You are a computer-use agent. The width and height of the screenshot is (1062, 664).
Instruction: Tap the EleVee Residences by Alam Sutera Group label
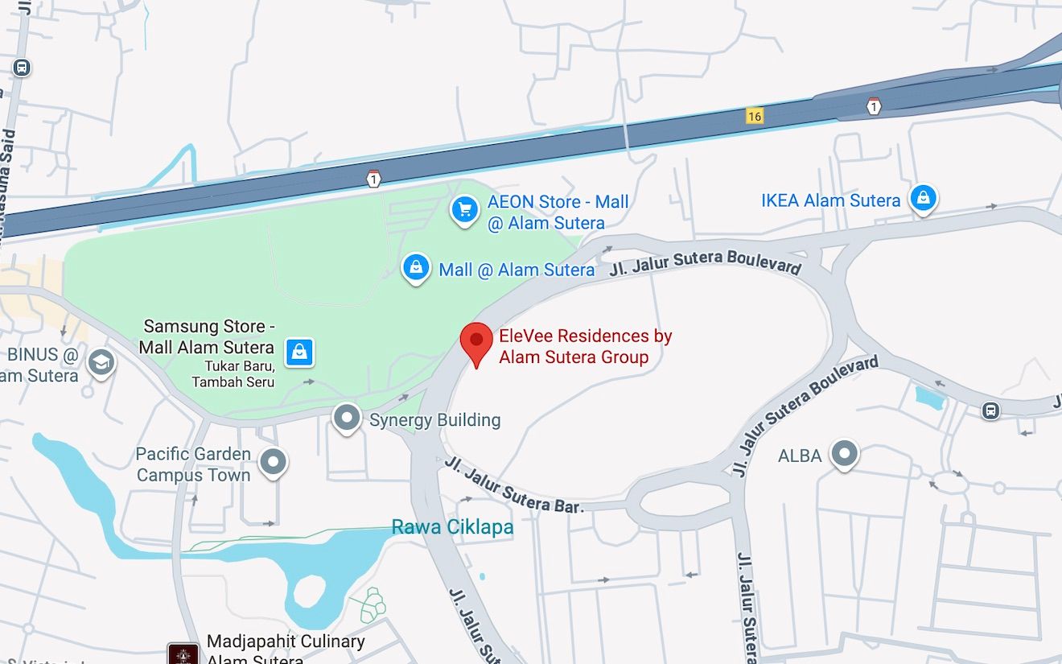click(585, 347)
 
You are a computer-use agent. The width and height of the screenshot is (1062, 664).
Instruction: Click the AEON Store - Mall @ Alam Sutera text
click(558, 212)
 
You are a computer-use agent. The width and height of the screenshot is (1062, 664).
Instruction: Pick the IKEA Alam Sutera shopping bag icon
click(923, 197)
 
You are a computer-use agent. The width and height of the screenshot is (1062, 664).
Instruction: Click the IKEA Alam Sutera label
click(830, 200)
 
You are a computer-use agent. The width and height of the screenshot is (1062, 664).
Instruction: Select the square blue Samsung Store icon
click(299, 351)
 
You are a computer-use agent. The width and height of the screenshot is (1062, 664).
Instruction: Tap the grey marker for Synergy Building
click(348, 418)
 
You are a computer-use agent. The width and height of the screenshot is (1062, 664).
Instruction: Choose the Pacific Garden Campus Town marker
click(274, 462)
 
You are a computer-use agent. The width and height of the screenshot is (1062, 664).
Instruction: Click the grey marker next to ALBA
click(844, 453)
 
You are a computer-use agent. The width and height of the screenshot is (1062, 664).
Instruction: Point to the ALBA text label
click(800, 456)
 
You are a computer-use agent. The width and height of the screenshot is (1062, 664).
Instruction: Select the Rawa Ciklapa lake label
click(452, 528)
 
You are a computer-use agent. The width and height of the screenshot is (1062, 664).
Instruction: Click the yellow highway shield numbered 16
click(754, 117)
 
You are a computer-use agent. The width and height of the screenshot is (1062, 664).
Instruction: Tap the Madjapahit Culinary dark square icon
click(183, 654)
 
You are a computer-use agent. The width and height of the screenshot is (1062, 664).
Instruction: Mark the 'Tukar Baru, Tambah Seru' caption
click(233, 374)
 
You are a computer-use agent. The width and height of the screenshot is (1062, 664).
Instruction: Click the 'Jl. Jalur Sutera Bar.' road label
click(512, 485)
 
